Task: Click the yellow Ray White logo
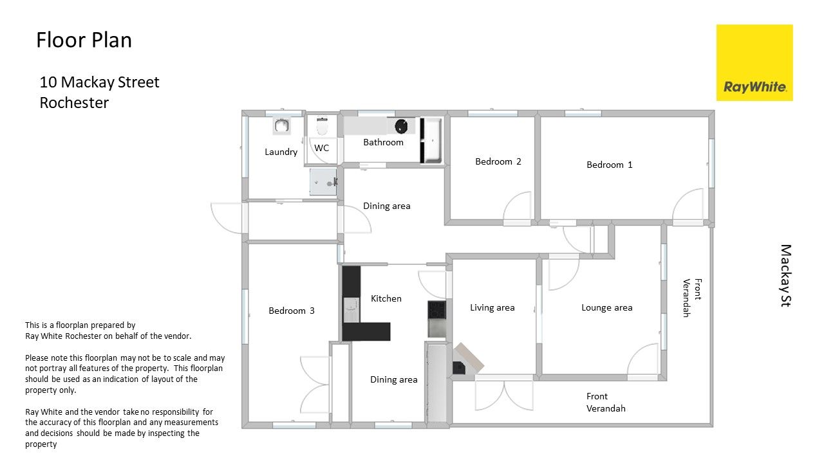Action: [754, 62]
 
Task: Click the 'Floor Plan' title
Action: [84, 40]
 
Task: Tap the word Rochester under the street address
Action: [74, 103]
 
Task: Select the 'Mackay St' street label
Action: [786, 276]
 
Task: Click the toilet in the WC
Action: [322, 127]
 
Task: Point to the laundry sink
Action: [282, 126]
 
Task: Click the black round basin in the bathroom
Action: [401, 127]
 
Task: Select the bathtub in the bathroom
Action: [431, 140]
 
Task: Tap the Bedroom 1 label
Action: [610, 165]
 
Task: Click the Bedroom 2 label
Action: [498, 161]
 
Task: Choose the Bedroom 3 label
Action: [292, 311]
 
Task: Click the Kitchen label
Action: [386, 298]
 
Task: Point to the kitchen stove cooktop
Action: [436, 310]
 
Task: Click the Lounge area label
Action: [607, 307]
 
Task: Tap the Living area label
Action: [492, 307]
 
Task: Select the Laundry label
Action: [281, 152]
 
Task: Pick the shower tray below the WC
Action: [323, 182]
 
